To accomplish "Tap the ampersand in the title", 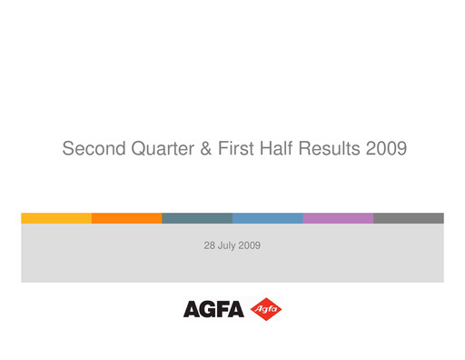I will (x=206, y=148).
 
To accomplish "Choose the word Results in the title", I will (x=328, y=148).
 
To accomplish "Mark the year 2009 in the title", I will (x=385, y=148).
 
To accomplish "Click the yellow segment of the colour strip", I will (x=56, y=218).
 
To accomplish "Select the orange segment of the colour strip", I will (x=127, y=218).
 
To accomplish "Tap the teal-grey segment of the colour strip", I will (x=197, y=218).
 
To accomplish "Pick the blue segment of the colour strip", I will (x=267, y=218).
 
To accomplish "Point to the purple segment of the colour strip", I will (x=338, y=218).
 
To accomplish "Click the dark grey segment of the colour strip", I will (x=408, y=218).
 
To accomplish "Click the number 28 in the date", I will (x=210, y=245).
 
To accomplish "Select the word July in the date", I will (x=228, y=245).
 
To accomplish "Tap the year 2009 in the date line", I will (x=250, y=245).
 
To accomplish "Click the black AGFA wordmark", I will (x=213, y=310).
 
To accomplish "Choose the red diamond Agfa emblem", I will (x=265, y=309).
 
